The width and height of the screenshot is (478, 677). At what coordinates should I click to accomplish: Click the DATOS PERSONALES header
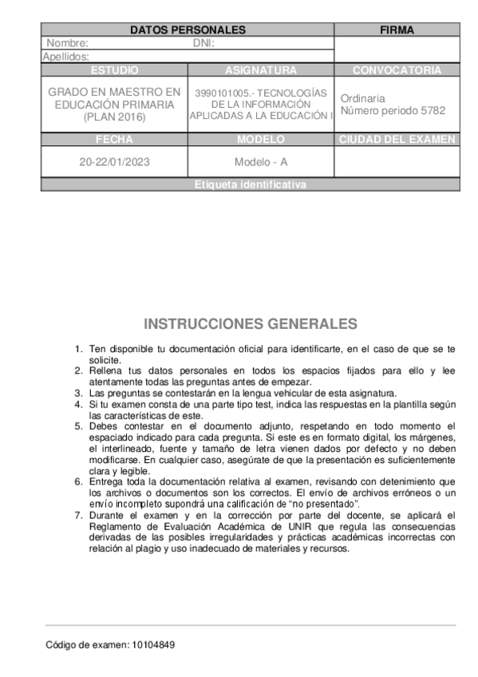188,30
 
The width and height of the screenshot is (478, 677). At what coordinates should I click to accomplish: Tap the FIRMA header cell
397,30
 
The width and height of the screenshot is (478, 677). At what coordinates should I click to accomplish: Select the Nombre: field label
67,44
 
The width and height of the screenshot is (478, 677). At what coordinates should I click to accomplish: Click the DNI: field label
203,44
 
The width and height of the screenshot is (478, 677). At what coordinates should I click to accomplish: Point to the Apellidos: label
65,57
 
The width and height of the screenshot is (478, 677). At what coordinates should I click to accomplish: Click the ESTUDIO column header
114,70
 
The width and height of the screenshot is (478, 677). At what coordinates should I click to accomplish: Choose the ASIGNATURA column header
261,70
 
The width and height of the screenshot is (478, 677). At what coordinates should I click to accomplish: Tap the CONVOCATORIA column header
397,70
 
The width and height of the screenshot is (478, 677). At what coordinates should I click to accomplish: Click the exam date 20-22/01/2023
114,161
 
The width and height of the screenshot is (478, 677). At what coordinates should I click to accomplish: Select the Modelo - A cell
261,161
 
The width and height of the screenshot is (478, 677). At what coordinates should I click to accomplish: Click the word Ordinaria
362,98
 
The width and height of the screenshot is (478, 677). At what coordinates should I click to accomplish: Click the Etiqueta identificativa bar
250,184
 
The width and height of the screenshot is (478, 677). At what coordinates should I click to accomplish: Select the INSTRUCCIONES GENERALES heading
251,324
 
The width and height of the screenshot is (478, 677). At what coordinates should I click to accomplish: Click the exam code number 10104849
153,644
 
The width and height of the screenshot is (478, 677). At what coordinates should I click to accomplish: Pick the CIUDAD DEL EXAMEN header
397,139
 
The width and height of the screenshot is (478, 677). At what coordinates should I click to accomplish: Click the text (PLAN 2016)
114,117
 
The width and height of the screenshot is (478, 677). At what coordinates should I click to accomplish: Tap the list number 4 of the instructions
78,405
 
